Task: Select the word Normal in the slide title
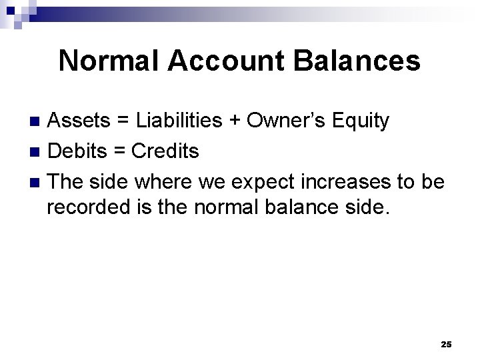pyautogui.click(x=109, y=61)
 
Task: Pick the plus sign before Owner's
pyautogui.click(x=235, y=121)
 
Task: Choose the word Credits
pyautogui.click(x=165, y=151)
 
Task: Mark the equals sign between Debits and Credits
pyautogui.click(x=121, y=152)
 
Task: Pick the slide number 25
pyautogui.click(x=446, y=344)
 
